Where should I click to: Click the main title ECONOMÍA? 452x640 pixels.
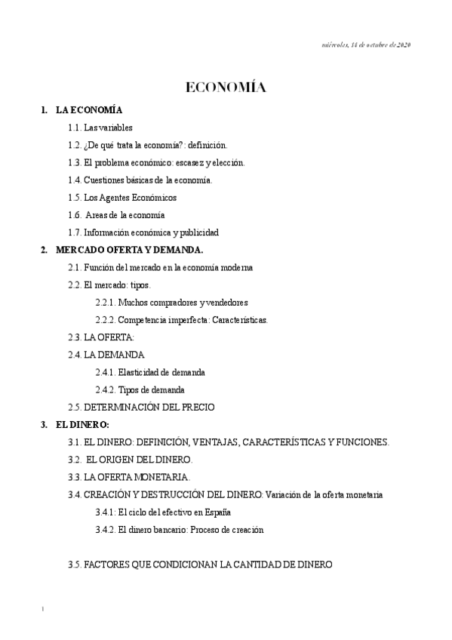[x=226, y=88]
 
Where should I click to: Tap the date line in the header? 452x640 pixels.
[x=365, y=45]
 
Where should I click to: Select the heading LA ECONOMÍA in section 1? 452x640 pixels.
[x=89, y=110]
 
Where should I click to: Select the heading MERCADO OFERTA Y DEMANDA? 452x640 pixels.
[x=130, y=250]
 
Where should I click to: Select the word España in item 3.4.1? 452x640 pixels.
[x=216, y=512]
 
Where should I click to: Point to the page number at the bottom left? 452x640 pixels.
[x=43, y=608]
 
